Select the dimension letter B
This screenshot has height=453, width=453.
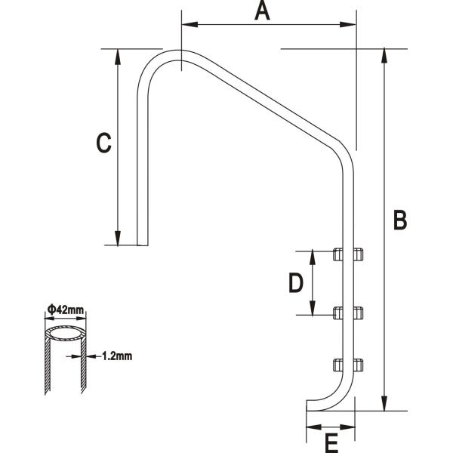401,220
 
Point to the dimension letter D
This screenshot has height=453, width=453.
296,282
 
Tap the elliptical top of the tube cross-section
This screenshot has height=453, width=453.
64,332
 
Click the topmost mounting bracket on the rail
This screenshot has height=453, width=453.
348,254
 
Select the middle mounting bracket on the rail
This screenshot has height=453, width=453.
348,311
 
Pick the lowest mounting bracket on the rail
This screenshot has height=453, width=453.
348,365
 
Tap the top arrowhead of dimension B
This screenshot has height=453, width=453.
385,55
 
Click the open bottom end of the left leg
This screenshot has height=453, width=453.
143,244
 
